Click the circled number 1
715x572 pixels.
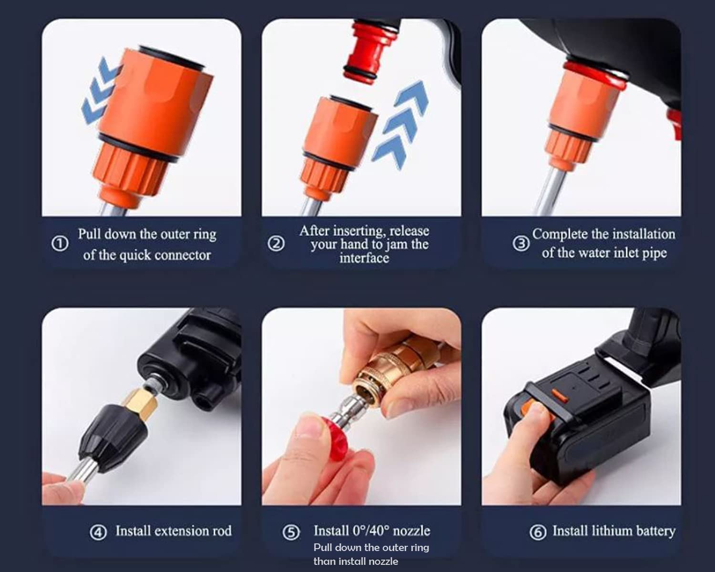60,244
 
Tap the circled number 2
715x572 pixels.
276,244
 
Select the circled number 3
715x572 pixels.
521,244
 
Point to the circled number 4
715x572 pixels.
98,532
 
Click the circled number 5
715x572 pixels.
291,532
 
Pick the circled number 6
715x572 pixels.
538,532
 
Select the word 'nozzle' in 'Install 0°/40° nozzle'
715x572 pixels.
411,531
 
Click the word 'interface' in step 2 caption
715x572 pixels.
364,258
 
